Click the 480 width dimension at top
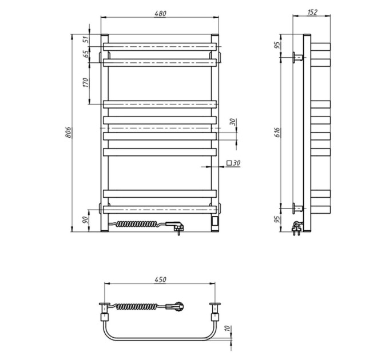click(x=160, y=13)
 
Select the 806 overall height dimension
click(x=69, y=133)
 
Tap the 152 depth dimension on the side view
click(x=312, y=12)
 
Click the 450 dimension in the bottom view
click(x=160, y=280)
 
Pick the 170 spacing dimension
click(x=86, y=82)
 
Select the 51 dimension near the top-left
click(x=86, y=39)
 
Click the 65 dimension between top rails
click(x=86, y=54)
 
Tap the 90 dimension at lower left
click(x=85, y=219)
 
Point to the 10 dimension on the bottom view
click(x=227, y=329)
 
